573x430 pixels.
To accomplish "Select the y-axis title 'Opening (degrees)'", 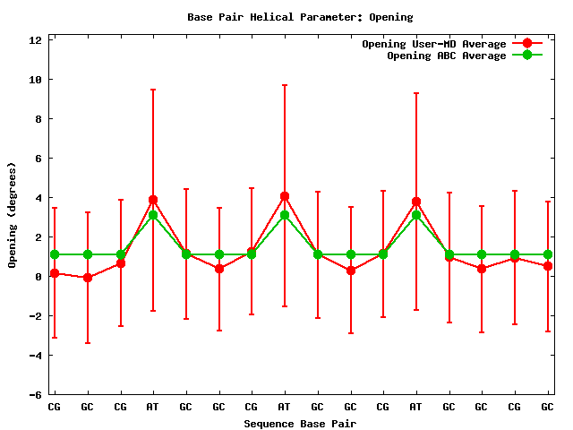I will (x=13, y=215).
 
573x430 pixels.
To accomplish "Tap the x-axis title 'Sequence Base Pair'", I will (x=300, y=423).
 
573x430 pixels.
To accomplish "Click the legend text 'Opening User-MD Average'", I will (x=433, y=44).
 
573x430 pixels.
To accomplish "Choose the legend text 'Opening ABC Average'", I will (x=446, y=56).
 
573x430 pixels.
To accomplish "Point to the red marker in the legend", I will (x=527, y=43).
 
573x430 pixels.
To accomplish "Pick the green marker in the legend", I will (x=527, y=55).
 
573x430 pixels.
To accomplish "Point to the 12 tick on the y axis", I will (x=36, y=40).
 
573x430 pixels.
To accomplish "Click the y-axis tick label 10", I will (x=36, y=80).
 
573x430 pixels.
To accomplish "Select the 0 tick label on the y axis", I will (x=38, y=277).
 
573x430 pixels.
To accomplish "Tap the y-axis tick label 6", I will (x=38, y=159).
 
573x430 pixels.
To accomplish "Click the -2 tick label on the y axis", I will (x=36, y=316).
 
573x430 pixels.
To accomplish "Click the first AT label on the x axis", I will (x=153, y=407).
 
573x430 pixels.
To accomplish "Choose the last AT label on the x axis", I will (x=415, y=407).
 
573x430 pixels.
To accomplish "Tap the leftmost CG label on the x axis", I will (x=55, y=407).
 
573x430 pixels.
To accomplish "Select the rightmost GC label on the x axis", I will (x=547, y=407).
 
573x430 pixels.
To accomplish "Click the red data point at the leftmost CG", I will (x=55, y=273).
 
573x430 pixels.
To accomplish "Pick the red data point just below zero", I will (x=88, y=278).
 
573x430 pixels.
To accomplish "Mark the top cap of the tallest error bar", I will (x=285, y=85).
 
